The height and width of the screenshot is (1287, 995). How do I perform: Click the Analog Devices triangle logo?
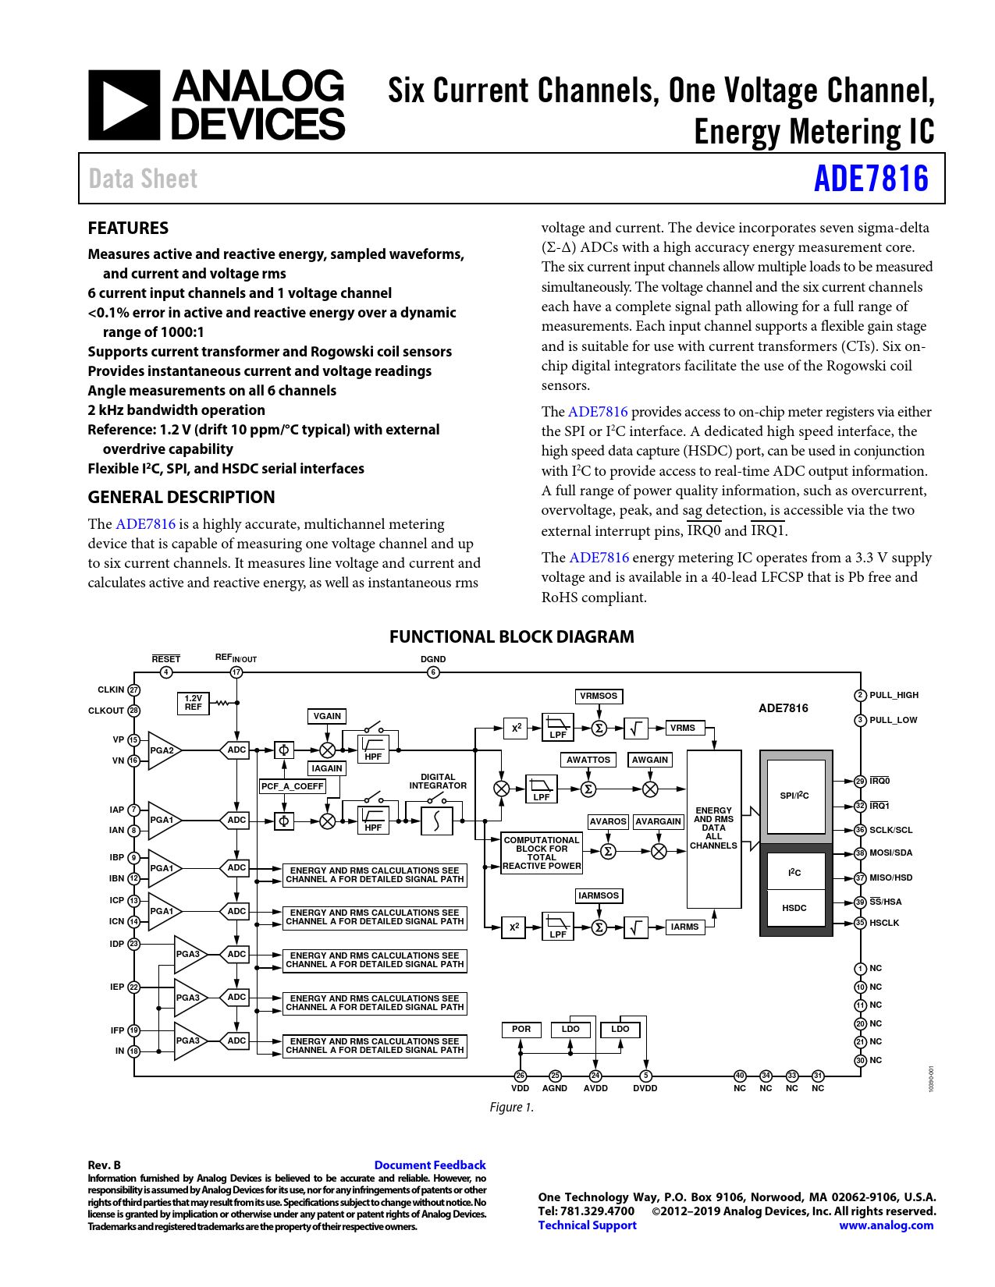pyautogui.click(x=124, y=105)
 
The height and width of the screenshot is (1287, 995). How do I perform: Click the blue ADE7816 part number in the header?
pyautogui.click(x=871, y=179)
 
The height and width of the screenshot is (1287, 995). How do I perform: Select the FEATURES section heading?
pyautogui.click(x=128, y=228)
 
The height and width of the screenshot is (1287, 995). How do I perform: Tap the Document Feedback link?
pyautogui.click(x=430, y=1165)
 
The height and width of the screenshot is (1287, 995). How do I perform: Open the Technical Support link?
pyautogui.click(x=587, y=1225)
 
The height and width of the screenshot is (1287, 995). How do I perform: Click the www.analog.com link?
pyautogui.click(x=886, y=1225)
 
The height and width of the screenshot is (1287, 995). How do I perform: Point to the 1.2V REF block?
pyautogui.click(x=193, y=703)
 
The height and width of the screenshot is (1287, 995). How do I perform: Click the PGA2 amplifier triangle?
pyautogui.click(x=164, y=750)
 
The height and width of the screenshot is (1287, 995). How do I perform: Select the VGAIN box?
pyautogui.click(x=327, y=716)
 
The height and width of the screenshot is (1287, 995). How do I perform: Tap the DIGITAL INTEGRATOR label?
pyautogui.click(x=438, y=782)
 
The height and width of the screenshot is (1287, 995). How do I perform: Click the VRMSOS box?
pyautogui.click(x=599, y=696)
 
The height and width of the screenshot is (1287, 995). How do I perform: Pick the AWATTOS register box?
pyautogui.click(x=588, y=760)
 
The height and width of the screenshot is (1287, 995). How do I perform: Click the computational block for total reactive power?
pyautogui.click(x=542, y=853)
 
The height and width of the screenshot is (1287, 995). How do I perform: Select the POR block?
pyautogui.click(x=521, y=1030)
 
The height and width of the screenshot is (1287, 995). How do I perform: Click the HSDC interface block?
pyautogui.click(x=794, y=908)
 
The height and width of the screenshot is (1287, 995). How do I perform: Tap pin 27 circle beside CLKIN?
pyautogui.click(x=134, y=690)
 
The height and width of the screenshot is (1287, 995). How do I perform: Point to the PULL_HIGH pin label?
pyautogui.click(x=894, y=695)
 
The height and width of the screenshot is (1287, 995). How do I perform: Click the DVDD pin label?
pyautogui.click(x=645, y=1088)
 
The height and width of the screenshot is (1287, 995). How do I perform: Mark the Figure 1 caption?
pyautogui.click(x=512, y=1108)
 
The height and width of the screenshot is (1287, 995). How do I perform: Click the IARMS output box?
pyautogui.click(x=684, y=927)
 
